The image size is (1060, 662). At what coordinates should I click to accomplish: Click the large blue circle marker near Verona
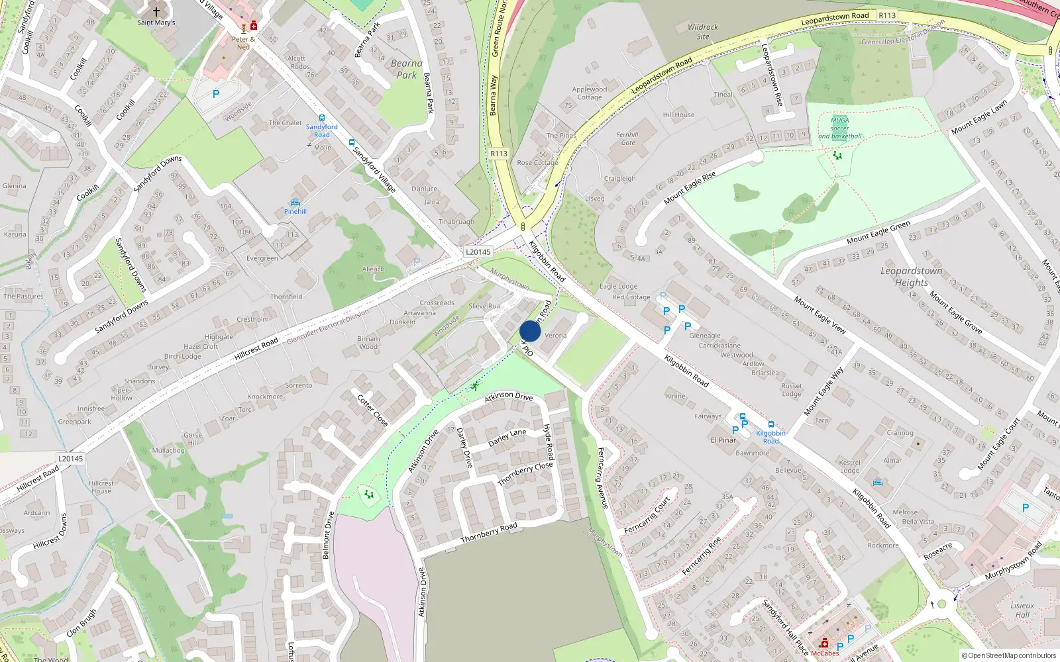coord(530,331)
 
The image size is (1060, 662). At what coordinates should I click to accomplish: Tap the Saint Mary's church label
coord(156,23)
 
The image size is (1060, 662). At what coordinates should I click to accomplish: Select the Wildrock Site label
coord(703,32)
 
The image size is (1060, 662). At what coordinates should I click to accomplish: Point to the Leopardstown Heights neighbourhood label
coord(912,277)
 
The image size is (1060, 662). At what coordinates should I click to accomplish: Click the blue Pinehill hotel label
coord(295,211)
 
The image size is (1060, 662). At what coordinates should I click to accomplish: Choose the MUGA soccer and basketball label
coord(839,128)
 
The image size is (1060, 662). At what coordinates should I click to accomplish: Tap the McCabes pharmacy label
coord(825,653)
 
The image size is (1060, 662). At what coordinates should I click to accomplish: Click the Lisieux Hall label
coord(1022,610)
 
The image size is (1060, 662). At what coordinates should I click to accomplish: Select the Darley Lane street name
coord(507,438)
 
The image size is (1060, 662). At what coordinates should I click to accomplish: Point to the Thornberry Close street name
coord(525,473)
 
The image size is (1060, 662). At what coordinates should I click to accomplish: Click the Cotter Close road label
coord(372,410)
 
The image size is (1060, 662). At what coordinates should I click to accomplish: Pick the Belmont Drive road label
coord(327,535)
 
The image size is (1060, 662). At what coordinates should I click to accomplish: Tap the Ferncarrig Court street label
coord(647,514)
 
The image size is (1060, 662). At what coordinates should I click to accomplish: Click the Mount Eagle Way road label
coord(823,391)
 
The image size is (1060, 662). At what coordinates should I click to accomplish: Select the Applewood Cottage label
coord(589,93)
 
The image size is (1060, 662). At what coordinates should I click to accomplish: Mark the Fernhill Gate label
coord(627,138)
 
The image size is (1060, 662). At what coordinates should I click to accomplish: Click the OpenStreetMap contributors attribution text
coord(1008,655)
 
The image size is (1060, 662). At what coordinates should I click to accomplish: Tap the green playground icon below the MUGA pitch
coord(837,156)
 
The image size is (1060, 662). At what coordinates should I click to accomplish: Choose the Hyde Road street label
coord(549,442)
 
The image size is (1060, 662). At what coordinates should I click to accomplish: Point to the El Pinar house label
coord(723,440)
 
